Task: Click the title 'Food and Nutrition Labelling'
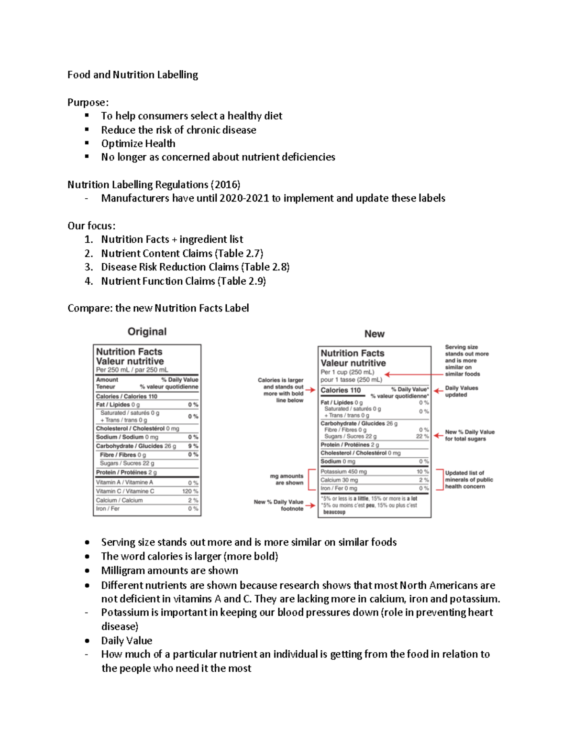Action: pyautogui.click(x=132, y=75)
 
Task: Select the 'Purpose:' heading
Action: pyautogui.click(x=88, y=102)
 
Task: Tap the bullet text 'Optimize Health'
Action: pyautogui.click(x=138, y=143)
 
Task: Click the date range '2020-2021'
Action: pyautogui.click(x=244, y=198)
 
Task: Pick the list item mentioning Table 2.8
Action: pyautogui.click(x=195, y=267)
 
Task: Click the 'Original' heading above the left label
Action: pyautogui.click(x=147, y=332)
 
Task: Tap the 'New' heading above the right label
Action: pyautogui.click(x=374, y=334)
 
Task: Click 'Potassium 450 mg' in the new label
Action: pyautogui.click(x=343, y=472)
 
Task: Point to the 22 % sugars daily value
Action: pyautogui.click(x=422, y=436)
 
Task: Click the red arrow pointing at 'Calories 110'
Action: pyautogui.click(x=310, y=390)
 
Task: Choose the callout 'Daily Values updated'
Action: pyautogui.click(x=461, y=391)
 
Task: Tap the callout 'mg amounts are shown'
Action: pyautogui.click(x=287, y=479)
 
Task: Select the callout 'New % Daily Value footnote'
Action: pyautogui.click(x=279, y=505)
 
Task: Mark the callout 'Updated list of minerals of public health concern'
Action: pyautogui.click(x=468, y=480)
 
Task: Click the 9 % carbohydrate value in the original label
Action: pyautogui.click(x=193, y=446)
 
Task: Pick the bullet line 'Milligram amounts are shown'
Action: pyautogui.click(x=169, y=570)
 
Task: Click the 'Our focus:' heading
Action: pyautogui.click(x=91, y=226)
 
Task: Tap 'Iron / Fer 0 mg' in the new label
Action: pyautogui.click(x=339, y=488)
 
